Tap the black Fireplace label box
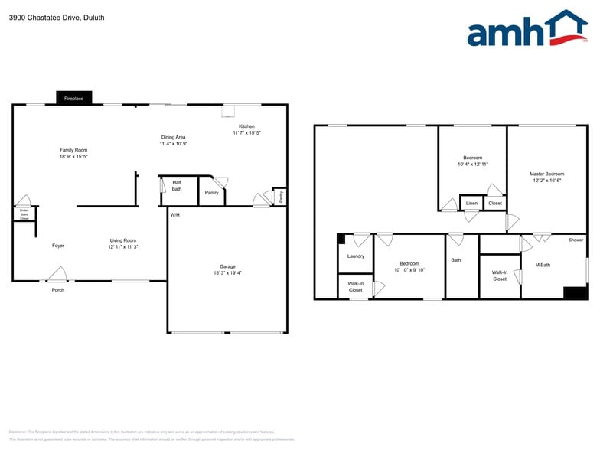74,98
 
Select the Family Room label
74,150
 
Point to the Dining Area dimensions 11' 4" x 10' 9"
174,144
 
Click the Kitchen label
246,126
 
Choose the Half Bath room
177,186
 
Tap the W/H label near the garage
175,214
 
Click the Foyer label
58,246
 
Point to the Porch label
58,290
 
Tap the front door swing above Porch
57,274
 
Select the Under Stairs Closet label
24,214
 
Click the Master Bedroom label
546,174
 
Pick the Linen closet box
471,203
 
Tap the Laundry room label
356,256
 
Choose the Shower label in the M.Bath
576,240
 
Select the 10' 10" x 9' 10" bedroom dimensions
409,270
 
